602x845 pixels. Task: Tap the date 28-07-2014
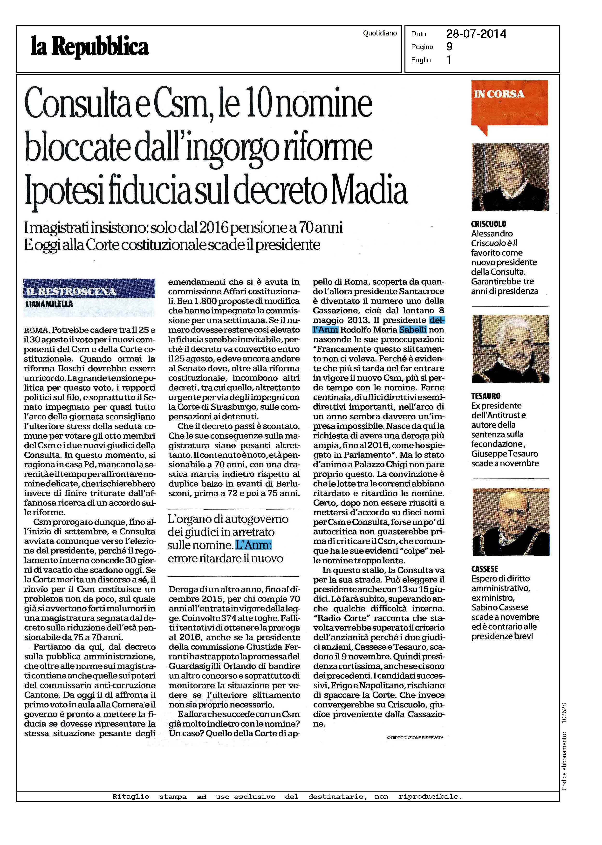(476, 34)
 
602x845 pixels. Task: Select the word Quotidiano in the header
(380, 33)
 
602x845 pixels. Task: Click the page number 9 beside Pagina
(449, 47)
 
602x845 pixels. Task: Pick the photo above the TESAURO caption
(510, 348)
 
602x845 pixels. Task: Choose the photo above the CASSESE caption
(510, 522)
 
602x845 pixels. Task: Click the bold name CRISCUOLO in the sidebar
(489, 224)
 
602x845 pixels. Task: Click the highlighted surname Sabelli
(413, 330)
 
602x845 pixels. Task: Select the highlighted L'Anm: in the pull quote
(254, 545)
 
